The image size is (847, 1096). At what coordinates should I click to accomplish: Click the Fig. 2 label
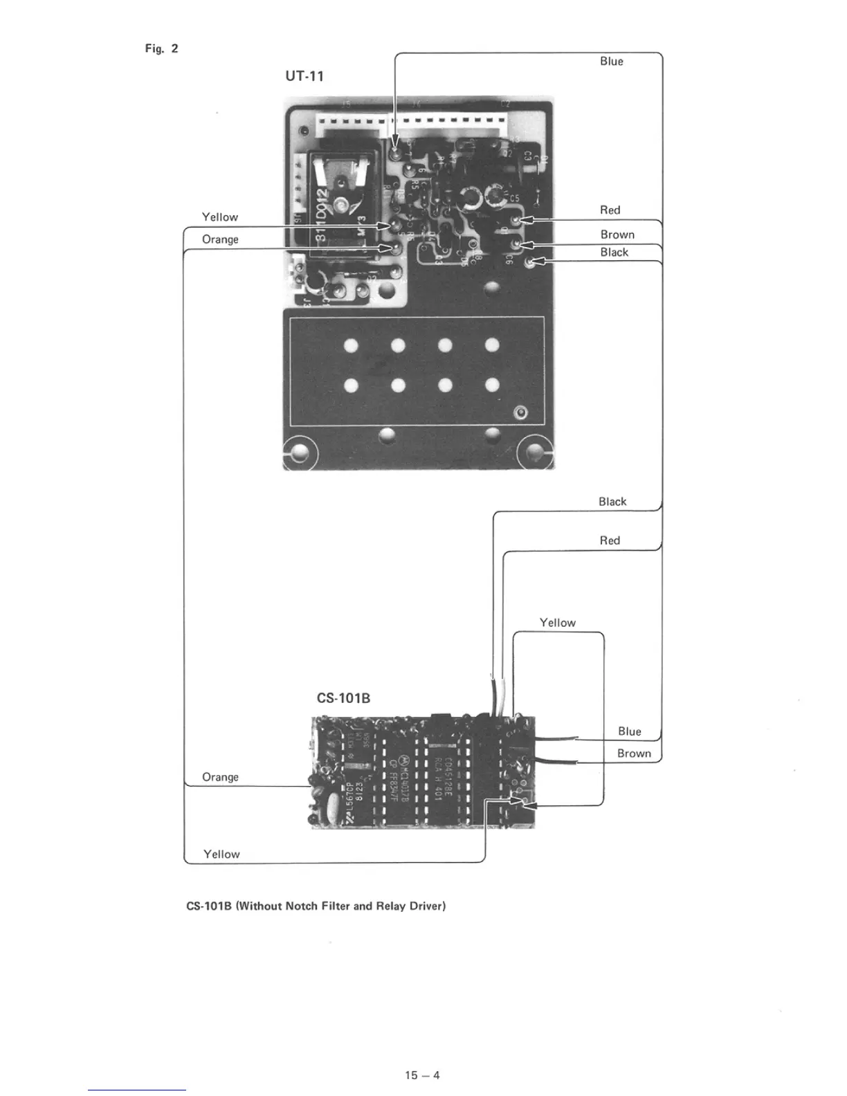pyautogui.click(x=161, y=48)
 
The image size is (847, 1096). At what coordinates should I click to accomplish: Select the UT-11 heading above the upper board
pyautogui.click(x=304, y=76)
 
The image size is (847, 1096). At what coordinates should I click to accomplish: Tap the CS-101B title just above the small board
pyautogui.click(x=343, y=698)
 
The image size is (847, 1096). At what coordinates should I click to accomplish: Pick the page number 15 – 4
pyautogui.click(x=422, y=1075)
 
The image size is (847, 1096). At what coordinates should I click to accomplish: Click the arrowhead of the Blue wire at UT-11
pyautogui.click(x=395, y=142)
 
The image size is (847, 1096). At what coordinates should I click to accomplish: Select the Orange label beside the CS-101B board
pyautogui.click(x=220, y=777)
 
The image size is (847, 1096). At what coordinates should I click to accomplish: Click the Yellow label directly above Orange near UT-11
pyautogui.click(x=219, y=217)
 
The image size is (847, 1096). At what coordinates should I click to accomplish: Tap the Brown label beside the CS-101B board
pyautogui.click(x=634, y=753)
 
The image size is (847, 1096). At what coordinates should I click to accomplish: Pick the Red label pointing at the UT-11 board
pyautogui.click(x=610, y=210)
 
